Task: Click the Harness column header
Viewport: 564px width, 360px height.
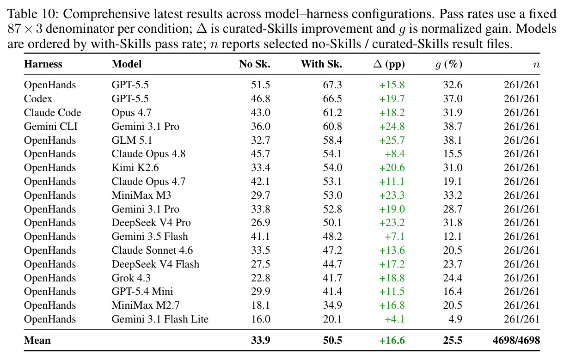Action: pyautogui.click(x=43, y=64)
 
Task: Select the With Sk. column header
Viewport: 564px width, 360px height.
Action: pyautogui.click(x=322, y=64)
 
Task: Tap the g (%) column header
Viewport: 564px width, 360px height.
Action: pyautogui.click(x=449, y=64)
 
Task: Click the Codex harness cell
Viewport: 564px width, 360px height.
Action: pyautogui.click(x=38, y=98)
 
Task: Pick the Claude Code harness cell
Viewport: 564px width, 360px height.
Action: pyautogui.click(x=52, y=112)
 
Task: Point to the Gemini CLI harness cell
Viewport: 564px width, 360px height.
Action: pyautogui.click(x=50, y=126)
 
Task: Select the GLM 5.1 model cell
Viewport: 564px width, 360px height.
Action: pyautogui.click(x=132, y=140)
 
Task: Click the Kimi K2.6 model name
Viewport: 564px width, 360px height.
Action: pyautogui.click(x=135, y=167)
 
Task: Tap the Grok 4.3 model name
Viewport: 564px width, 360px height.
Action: pyautogui.click(x=131, y=278)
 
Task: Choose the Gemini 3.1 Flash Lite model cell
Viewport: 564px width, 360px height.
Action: pyautogui.click(x=160, y=319)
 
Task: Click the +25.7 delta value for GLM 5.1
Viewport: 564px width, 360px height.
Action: pyautogui.click(x=392, y=140)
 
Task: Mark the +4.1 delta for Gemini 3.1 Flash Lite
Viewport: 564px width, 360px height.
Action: pyautogui.click(x=394, y=319)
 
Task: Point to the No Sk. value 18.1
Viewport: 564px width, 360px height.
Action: pyautogui.click(x=261, y=305)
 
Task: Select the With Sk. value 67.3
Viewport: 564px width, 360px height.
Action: pyautogui.click(x=332, y=85)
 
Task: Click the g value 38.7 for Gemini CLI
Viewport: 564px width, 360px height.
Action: pyautogui.click(x=453, y=126)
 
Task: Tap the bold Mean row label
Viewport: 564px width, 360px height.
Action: pyautogui.click(x=37, y=341)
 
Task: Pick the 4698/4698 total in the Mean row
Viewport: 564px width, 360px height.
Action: pyautogui.click(x=516, y=341)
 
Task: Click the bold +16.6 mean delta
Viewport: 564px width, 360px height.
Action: pyautogui.click(x=392, y=341)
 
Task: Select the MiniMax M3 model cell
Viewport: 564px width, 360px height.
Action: pyautogui.click(x=141, y=195)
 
